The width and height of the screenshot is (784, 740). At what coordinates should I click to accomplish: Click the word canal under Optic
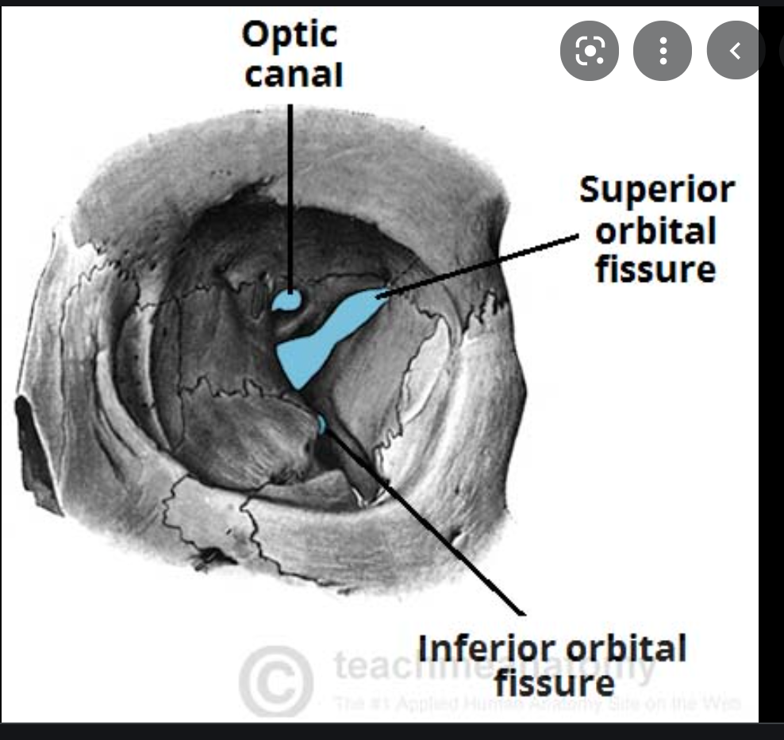tap(294, 75)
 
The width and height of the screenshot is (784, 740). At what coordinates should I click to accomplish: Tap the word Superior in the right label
tap(656, 191)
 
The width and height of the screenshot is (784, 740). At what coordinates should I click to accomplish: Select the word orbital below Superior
tap(655, 231)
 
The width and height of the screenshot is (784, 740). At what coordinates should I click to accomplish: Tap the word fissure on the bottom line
tap(553, 682)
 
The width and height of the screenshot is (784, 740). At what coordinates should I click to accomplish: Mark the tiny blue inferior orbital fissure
tap(321, 424)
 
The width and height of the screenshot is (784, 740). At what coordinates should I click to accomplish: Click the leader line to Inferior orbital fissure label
tap(429, 524)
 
